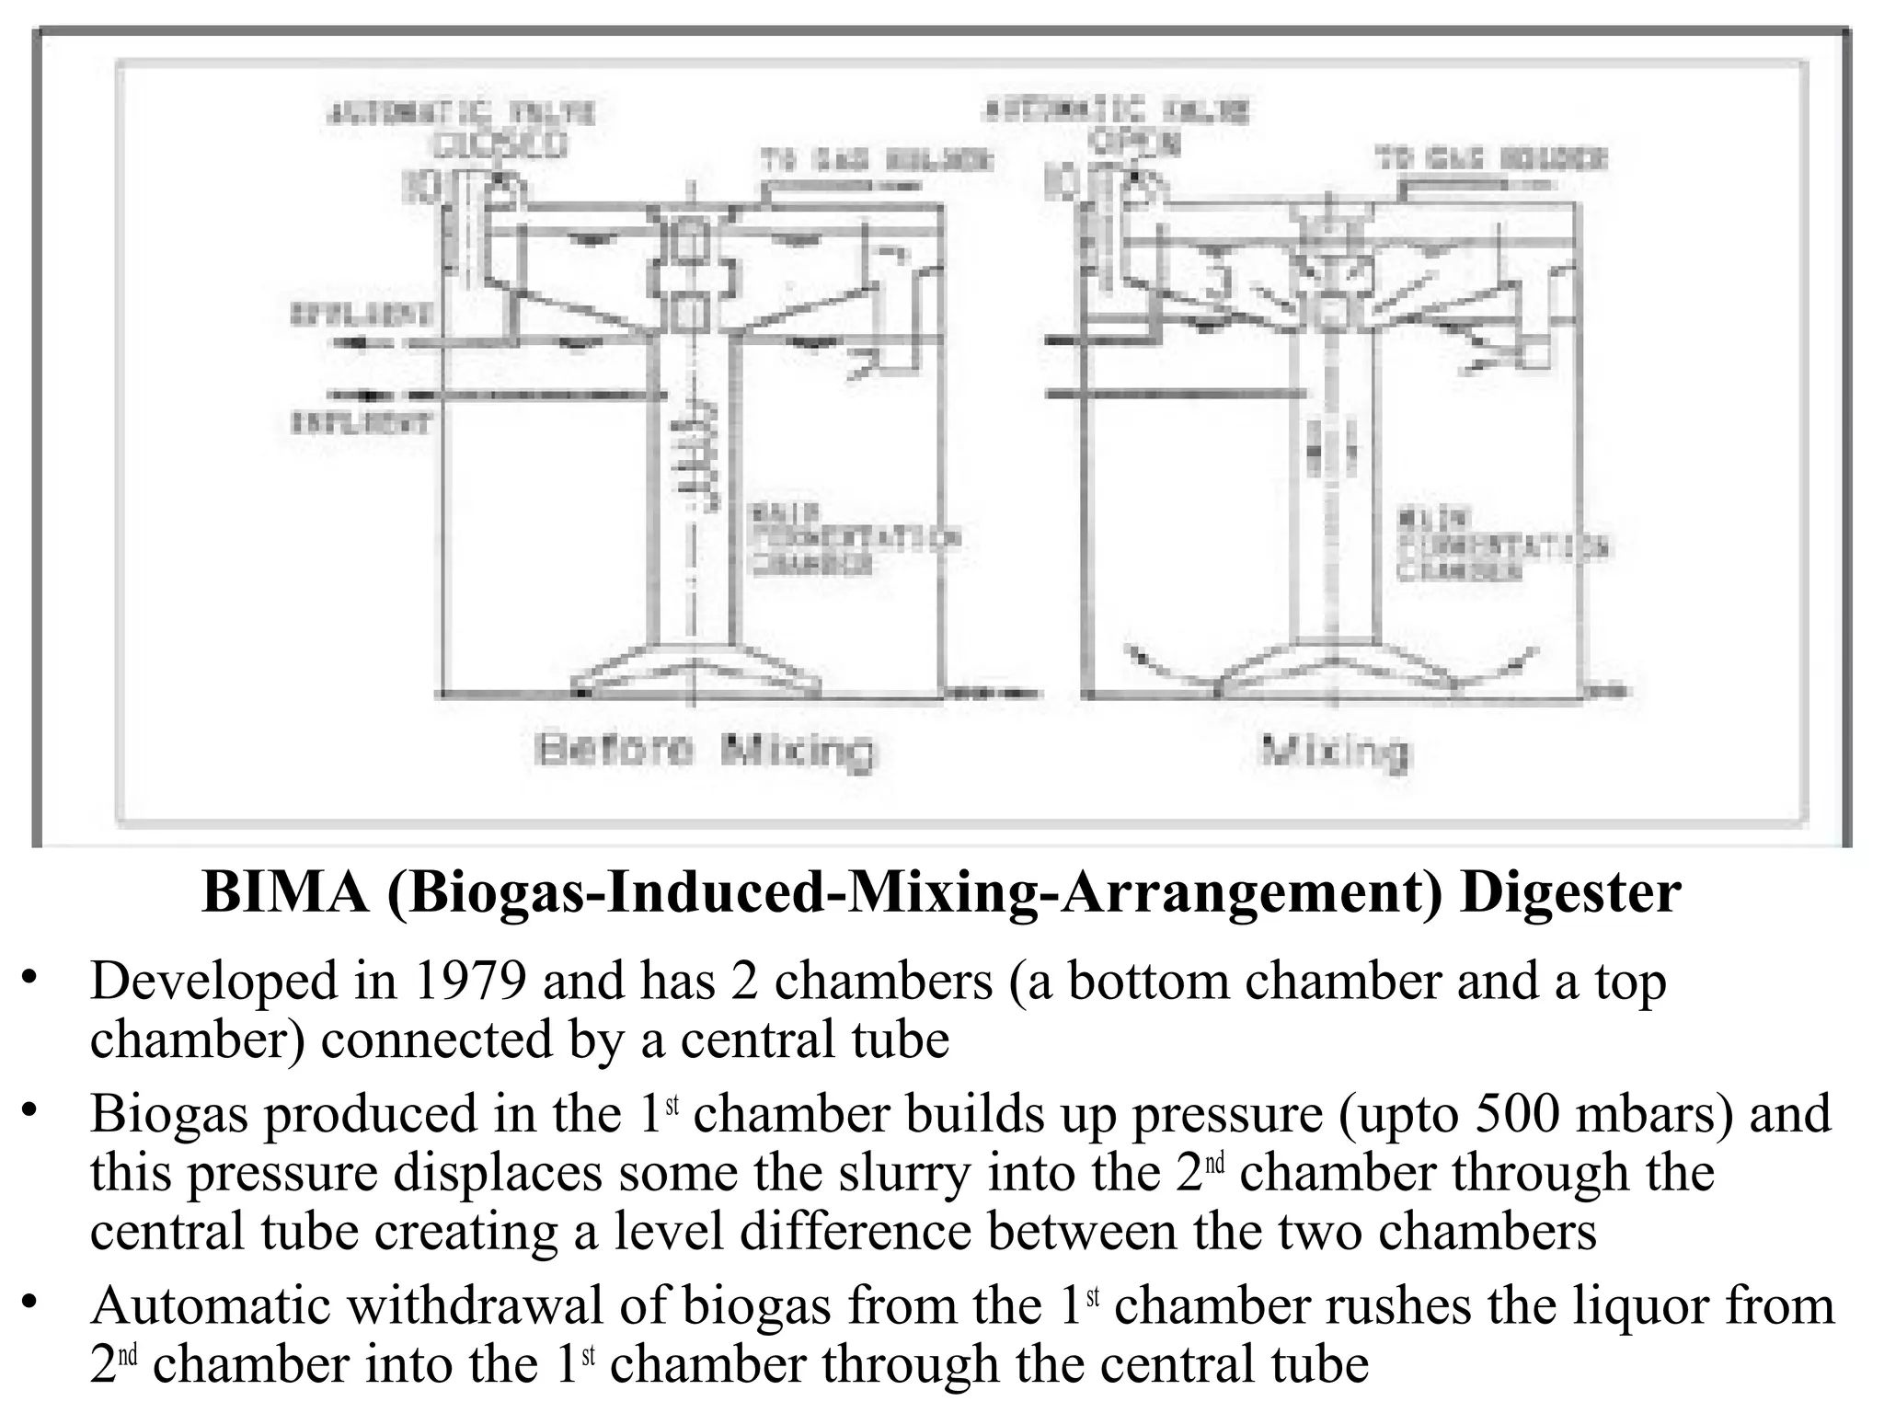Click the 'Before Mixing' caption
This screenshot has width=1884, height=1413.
pyautogui.click(x=706, y=751)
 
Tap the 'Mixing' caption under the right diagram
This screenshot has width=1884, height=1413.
pyautogui.click(x=1335, y=751)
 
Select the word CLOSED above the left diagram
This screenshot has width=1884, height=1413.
pyautogui.click(x=501, y=145)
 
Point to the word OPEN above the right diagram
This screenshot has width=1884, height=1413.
pyautogui.click(x=1135, y=143)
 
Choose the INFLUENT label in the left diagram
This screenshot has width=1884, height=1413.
pyautogui.click(x=361, y=423)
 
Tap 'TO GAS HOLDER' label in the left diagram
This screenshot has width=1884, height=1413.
pyautogui.click(x=876, y=160)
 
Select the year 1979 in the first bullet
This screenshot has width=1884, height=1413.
pyautogui.click(x=470, y=981)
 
